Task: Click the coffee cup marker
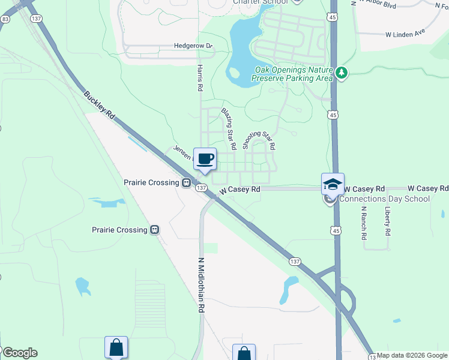pos(205,159)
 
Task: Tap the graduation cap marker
pos(333,184)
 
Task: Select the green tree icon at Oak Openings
pos(342,73)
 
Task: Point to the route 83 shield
pos(5,19)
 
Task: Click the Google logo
pos(19,353)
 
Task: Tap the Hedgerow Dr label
pos(193,46)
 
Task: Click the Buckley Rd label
pos(100,106)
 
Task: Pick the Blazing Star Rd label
pos(228,129)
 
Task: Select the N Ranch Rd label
pos(364,222)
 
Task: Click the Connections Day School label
pos(385,199)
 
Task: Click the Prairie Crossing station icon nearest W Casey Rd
pos(187,182)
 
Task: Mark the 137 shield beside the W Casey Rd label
pos(201,188)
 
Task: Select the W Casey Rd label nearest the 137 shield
pos(240,190)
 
